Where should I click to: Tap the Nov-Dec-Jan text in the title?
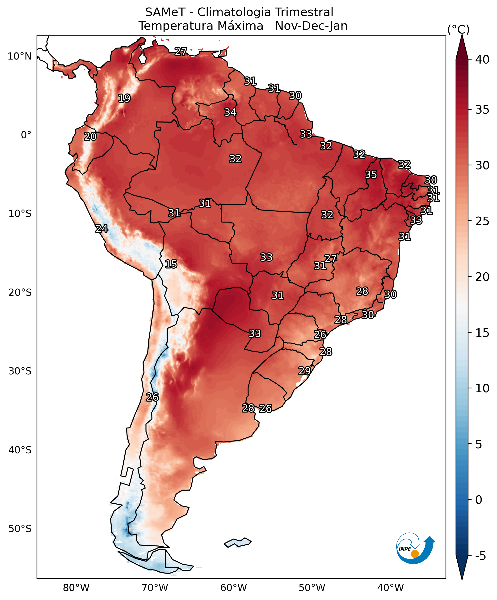tap(311, 26)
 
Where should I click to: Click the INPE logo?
tap(415, 548)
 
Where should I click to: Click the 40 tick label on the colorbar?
tap(482, 60)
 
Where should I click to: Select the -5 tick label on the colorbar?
tap(481, 556)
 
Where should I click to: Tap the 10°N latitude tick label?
tap(19, 56)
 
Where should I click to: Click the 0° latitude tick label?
tap(26, 135)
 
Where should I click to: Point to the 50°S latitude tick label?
tap(20, 529)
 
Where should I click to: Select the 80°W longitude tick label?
tap(76, 588)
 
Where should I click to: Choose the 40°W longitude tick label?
tap(391, 588)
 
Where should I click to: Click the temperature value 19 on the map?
tap(124, 98)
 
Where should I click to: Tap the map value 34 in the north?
tap(230, 112)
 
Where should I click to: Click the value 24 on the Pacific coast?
tap(102, 229)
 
